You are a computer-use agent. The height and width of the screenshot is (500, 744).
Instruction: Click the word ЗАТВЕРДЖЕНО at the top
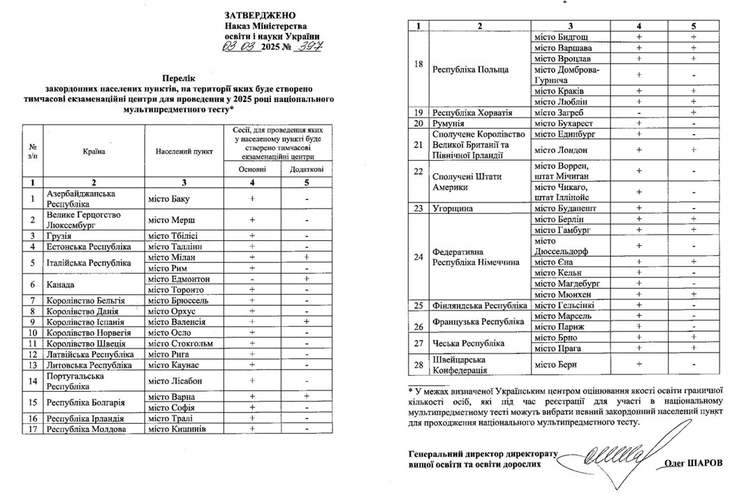pyautogui.click(x=260, y=15)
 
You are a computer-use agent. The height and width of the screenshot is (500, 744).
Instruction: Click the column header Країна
pyautogui.click(x=94, y=152)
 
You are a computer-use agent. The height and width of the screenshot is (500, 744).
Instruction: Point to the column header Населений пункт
pyautogui.click(x=184, y=152)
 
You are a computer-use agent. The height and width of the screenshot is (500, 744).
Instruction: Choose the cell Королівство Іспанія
pyautogui.click(x=87, y=322)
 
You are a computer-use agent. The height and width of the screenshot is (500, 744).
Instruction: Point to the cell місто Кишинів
pyautogui.click(x=176, y=429)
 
